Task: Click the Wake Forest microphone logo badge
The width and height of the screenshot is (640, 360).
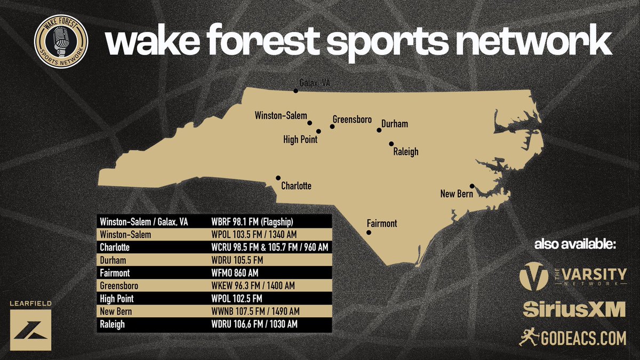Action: [x=61, y=41]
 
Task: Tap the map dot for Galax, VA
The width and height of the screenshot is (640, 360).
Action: [x=295, y=91]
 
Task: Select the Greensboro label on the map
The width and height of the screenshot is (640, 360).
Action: [x=352, y=119]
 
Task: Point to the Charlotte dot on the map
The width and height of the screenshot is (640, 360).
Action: [x=278, y=178]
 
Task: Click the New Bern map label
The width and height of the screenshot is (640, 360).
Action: [x=456, y=194]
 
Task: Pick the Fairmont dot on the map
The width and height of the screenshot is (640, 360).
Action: [x=368, y=232]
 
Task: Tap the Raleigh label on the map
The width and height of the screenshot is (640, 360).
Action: [x=405, y=152]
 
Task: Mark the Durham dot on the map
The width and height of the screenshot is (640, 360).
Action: [x=379, y=130]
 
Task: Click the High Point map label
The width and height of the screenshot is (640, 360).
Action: [x=300, y=140]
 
